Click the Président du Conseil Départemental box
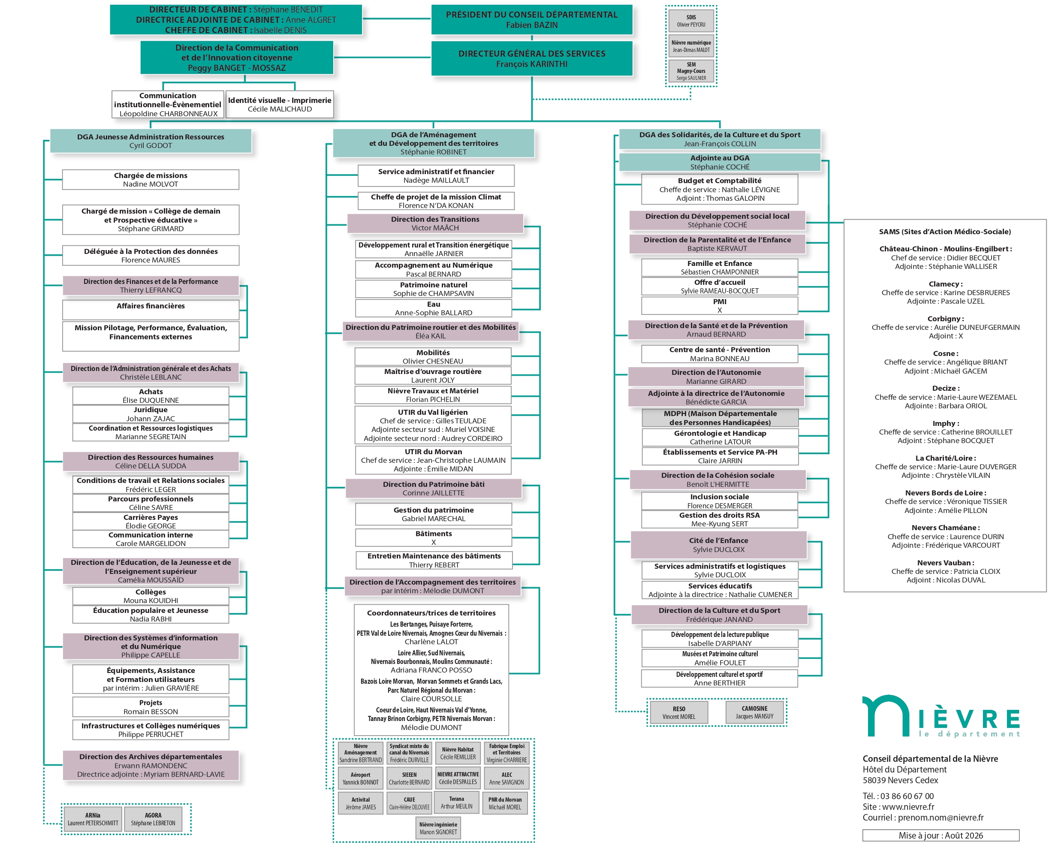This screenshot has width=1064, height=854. click(531, 20)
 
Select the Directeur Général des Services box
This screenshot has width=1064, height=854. click(531, 58)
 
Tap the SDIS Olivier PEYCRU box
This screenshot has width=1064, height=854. click(691, 21)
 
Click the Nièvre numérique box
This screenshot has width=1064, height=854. click(691, 46)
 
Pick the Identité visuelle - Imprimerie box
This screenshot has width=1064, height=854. click(280, 104)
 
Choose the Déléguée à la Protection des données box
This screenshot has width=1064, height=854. click(151, 255)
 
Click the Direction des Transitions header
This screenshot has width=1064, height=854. click(435, 223)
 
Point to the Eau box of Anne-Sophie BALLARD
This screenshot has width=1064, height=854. click(433, 308)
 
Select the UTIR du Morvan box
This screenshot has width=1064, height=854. click(433, 460)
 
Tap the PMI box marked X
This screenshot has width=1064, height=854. click(720, 305)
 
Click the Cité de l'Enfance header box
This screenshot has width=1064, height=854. click(718, 545)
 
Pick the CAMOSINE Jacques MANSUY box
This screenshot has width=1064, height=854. click(754, 712)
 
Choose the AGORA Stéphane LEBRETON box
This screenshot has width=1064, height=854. click(153, 819)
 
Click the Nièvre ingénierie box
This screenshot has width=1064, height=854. click(438, 828)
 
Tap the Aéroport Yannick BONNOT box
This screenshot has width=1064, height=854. click(360, 778)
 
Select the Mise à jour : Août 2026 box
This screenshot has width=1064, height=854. click(940, 835)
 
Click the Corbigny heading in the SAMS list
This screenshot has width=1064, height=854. click(946, 318)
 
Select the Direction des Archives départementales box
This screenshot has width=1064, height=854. click(151, 765)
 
